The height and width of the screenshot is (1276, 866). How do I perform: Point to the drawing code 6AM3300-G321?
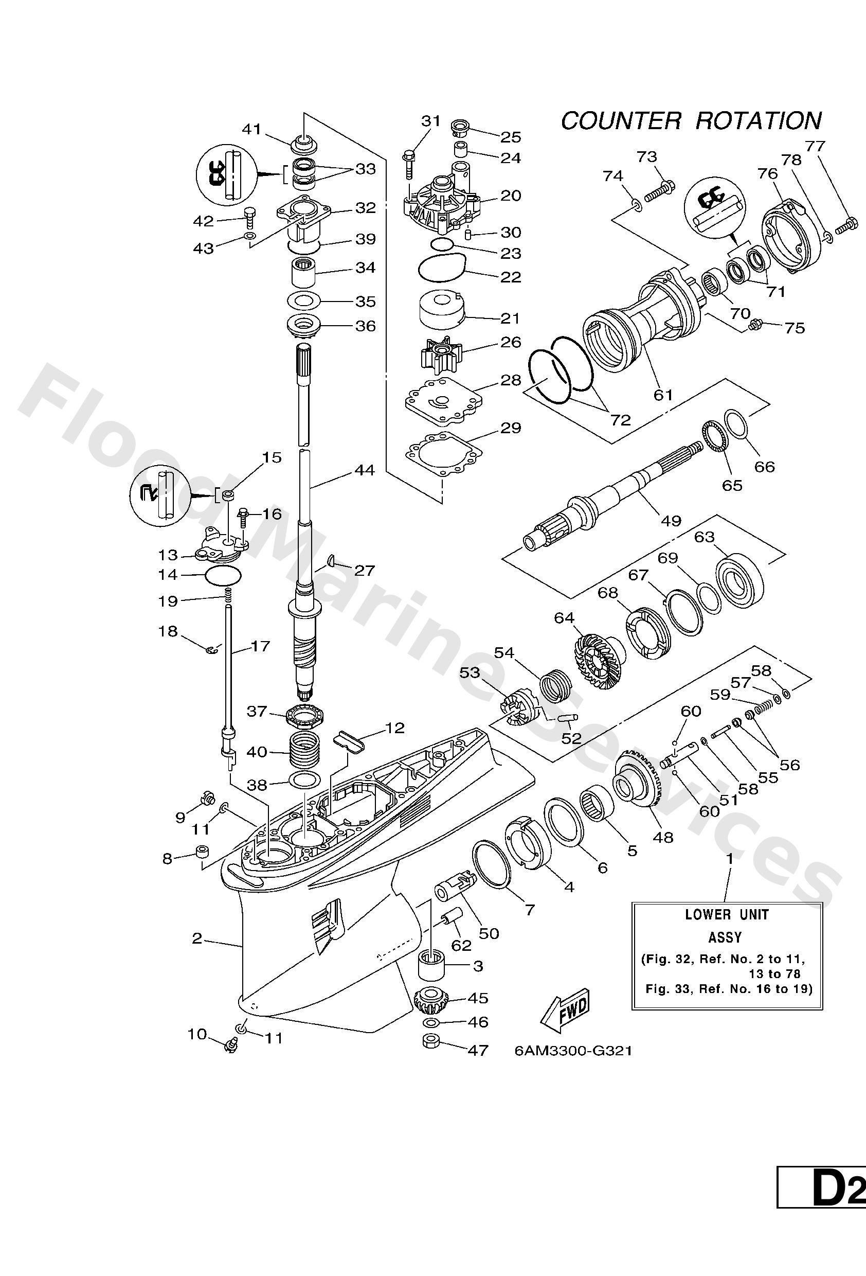(573, 1050)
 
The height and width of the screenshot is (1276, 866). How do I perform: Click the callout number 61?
(663, 394)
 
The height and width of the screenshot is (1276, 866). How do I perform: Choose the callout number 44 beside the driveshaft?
(365, 470)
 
